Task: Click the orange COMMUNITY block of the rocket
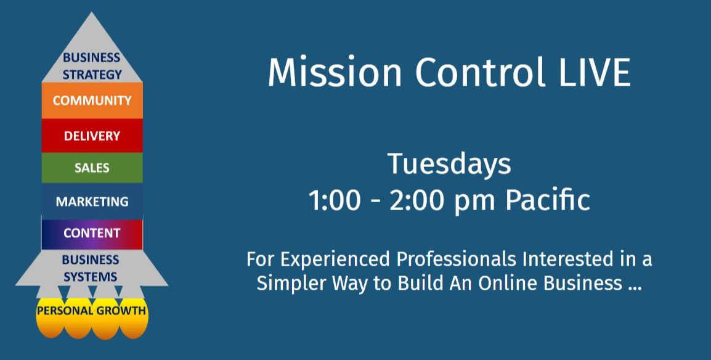(92, 100)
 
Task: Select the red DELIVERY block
(92, 136)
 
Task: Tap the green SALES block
(92, 168)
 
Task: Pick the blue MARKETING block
(92, 202)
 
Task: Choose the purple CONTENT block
(92, 233)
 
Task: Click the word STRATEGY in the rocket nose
(92, 75)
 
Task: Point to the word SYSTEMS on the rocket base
(90, 277)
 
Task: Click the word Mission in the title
(335, 72)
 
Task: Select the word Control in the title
(480, 72)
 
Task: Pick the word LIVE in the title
(595, 72)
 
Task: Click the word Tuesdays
(449, 164)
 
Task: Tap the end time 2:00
(416, 200)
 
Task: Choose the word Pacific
(548, 199)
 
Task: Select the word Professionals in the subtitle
(456, 260)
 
